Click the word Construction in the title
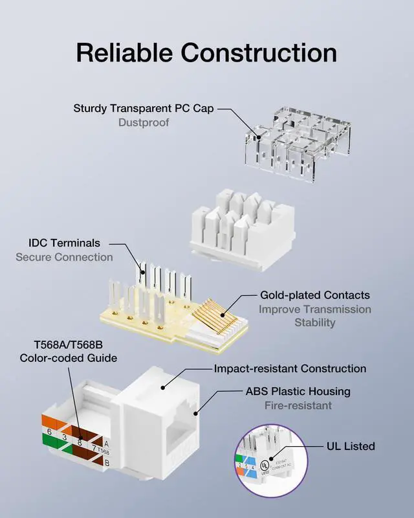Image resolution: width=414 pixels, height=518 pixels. (259, 52)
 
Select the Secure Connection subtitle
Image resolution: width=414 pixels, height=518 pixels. (64, 257)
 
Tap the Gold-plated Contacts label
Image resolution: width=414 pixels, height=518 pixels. (315, 295)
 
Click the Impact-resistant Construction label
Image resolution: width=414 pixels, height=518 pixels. (290, 368)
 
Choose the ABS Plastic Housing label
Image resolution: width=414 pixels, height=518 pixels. (298, 391)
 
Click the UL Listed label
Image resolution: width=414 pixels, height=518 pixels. (351, 446)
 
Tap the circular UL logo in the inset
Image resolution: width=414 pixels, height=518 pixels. (264, 465)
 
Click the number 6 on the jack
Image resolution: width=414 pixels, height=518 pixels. (49, 432)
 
